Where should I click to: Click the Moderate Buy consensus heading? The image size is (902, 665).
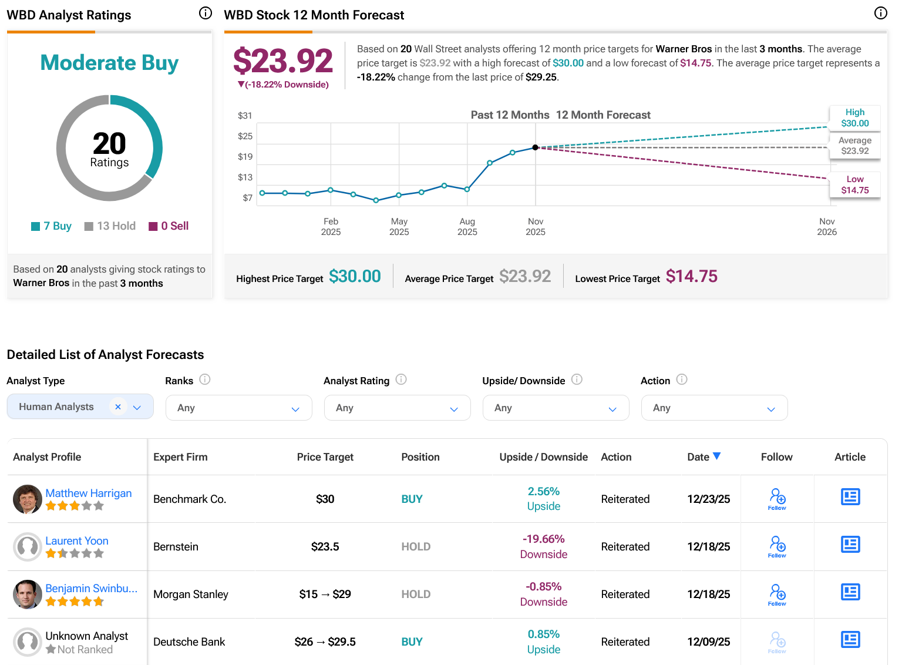(109, 63)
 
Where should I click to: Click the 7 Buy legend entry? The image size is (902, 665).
(52, 226)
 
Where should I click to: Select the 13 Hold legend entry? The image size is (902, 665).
(110, 226)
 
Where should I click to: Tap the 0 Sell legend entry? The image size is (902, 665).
(169, 226)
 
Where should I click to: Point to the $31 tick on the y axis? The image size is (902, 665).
(245, 116)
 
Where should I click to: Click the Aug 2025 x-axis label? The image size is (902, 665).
(467, 226)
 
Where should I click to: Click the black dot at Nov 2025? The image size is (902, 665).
(535, 147)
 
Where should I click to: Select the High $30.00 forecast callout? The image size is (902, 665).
(854, 117)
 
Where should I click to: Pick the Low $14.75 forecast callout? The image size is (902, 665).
(854, 184)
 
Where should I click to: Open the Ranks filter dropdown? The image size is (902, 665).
(238, 408)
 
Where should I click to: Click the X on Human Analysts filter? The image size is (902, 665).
(118, 407)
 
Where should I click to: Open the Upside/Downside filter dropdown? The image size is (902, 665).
(556, 408)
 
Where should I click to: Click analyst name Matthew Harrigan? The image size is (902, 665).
(89, 493)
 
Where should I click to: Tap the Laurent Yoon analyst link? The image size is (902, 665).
(77, 541)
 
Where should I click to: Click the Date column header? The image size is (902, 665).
(704, 457)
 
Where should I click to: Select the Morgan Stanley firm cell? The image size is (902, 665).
(191, 595)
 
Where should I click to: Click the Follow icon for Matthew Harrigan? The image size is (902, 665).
(777, 499)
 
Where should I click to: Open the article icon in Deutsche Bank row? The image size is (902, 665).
(850, 639)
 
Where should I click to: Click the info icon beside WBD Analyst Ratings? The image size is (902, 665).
(206, 13)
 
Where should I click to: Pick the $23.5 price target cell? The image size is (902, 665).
(325, 547)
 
